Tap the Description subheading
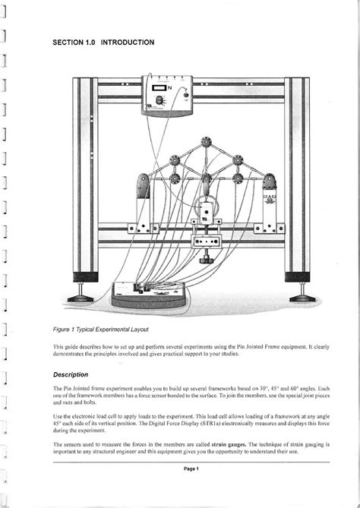(71, 374)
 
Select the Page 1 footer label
(191, 469)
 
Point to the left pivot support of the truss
(142, 188)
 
